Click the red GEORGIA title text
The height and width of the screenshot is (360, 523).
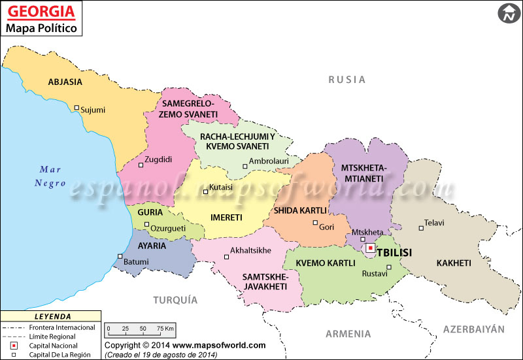tap(40, 12)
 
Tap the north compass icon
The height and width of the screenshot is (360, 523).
tap(507, 14)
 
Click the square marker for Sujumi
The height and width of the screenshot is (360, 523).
tap(76, 108)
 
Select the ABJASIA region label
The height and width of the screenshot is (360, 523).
tap(65, 82)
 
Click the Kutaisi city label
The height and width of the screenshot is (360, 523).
tap(221, 188)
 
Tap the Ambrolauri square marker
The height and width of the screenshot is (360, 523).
tap(245, 167)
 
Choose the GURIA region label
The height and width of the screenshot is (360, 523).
tap(150, 212)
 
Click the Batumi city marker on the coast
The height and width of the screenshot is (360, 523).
tap(120, 256)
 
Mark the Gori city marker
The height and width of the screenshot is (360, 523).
tap(315, 223)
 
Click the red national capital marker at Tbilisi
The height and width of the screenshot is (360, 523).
tap(370, 248)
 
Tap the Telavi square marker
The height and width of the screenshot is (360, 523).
tap(420, 228)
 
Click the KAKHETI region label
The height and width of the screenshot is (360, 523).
tap(453, 263)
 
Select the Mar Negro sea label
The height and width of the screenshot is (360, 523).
tap(50, 176)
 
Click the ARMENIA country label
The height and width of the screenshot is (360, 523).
tap(348, 334)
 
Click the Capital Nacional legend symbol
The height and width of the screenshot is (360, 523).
tap(14, 345)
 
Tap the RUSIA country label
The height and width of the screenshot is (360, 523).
tap(346, 80)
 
